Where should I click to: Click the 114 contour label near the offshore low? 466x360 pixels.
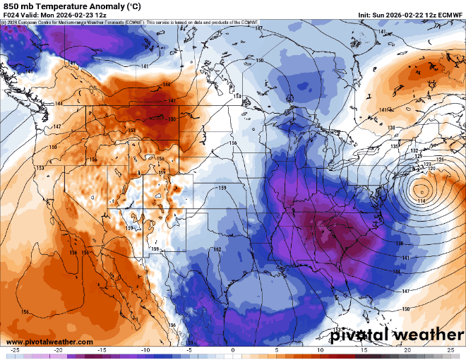(x=421, y=201)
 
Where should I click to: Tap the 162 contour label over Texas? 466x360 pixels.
(x=217, y=249)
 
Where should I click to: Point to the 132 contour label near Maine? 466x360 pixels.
(x=415, y=151)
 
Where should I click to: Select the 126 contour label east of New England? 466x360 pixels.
(x=441, y=160)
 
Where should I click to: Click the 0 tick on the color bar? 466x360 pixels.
(x=232, y=349)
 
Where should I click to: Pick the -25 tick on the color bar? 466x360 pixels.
(x=15, y=349)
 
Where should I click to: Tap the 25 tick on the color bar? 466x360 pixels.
(x=450, y=349)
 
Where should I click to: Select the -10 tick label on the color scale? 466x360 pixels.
(x=145, y=349)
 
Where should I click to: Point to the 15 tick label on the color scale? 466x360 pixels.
(x=363, y=349)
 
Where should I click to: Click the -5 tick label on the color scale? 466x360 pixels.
(x=189, y=349)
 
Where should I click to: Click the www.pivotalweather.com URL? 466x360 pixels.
(x=47, y=342)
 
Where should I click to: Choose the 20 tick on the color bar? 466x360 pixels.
(x=407, y=349)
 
